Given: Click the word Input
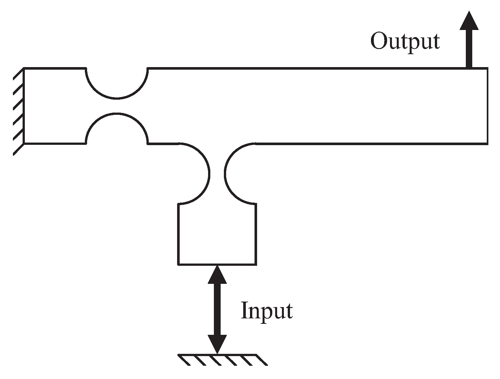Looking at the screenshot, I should [x=267, y=311].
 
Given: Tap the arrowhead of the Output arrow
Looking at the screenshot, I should [x=469, y=21].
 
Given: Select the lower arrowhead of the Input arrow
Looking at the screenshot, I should [x=217, y=343].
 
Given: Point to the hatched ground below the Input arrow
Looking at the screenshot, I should [x=223, y=359].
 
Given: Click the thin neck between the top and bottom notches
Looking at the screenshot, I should [x=117, y=105].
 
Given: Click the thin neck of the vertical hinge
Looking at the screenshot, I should [x=217, y=174].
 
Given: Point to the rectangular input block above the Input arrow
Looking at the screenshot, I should [x=217, y=234].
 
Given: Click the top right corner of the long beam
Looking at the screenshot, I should [x=487, y=68].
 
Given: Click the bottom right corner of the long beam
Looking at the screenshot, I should [x=487, y=143].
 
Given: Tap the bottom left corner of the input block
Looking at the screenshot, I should [x=178, y=264].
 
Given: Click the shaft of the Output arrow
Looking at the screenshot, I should [x=469, y=48].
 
